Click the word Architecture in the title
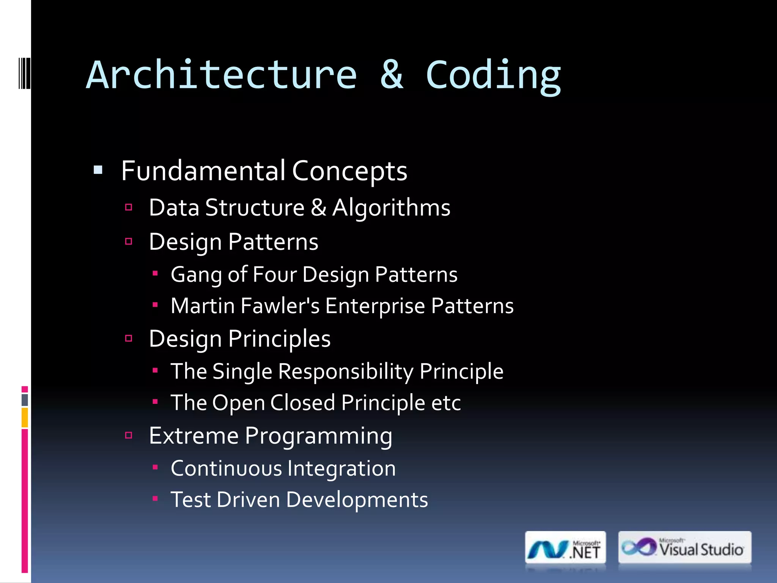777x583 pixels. (222, 75)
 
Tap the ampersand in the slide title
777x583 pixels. (392, 75)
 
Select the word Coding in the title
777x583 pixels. (493, 76)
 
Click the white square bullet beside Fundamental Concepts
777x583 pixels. (98, 170)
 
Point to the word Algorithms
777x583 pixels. (392, 208)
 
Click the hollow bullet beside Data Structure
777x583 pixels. (129, 207)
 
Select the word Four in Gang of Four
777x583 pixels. (275, 274)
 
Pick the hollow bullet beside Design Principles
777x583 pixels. (129, 338)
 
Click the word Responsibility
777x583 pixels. (346, 371)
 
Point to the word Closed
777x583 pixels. (302, 403)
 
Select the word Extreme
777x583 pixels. (193, 436)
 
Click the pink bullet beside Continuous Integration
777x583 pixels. (155, 467)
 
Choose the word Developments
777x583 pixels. (357, 500)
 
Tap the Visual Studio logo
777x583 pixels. (684, 548)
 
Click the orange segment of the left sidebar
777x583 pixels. (25, 418)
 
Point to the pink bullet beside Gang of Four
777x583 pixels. (155, 273)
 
